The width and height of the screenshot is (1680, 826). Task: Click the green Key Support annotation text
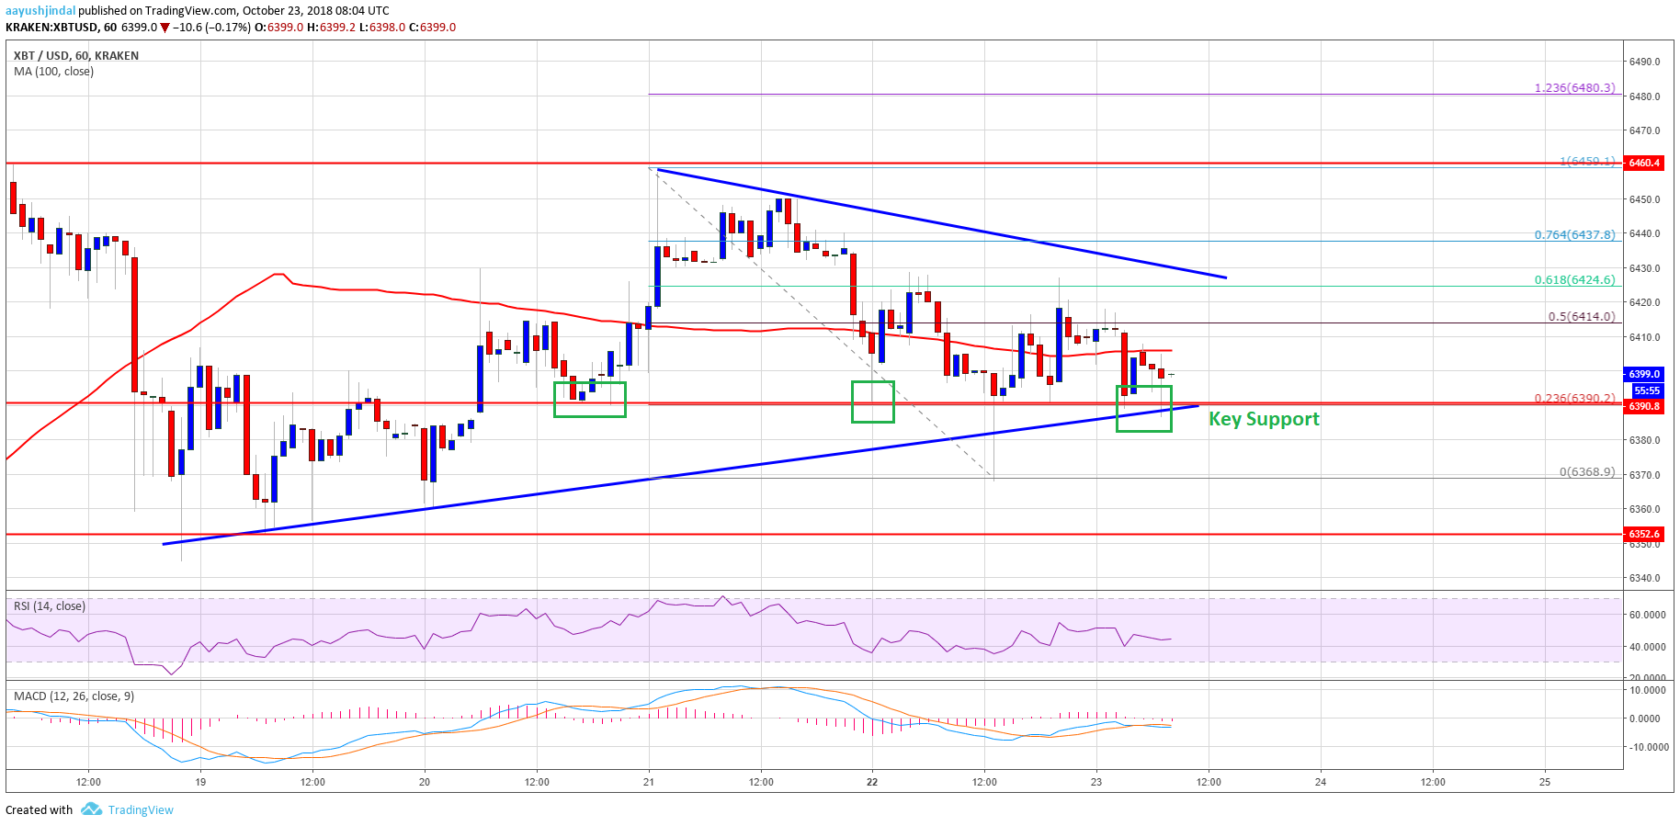1264,419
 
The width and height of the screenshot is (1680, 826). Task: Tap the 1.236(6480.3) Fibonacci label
1574,88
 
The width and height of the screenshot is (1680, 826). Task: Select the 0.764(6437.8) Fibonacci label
1574,234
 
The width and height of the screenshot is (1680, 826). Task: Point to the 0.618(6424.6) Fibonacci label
1574,280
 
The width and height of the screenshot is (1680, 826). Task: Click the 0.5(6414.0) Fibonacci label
1581,316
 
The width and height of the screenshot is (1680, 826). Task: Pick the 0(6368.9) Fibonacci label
1586,472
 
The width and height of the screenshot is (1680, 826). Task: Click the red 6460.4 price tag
1644,163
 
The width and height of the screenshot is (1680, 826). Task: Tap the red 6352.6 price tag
1644,534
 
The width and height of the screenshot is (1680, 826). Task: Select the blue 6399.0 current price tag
1644,374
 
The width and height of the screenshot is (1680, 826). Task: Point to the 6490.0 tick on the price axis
1644,62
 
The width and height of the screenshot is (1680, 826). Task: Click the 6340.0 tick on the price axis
1644,578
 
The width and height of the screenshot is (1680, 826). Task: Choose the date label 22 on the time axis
872,782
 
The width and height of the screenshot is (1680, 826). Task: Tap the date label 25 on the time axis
1545,782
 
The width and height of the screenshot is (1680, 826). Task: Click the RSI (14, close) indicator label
50,606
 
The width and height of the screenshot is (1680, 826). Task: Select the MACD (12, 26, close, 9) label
74,696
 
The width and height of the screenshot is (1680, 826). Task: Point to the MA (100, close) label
53,72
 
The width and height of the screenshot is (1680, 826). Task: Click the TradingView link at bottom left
140,809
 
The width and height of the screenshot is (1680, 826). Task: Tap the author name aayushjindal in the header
40,11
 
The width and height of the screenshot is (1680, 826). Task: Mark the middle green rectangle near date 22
872,402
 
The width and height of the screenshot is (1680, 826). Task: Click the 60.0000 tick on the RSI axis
1647,615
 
